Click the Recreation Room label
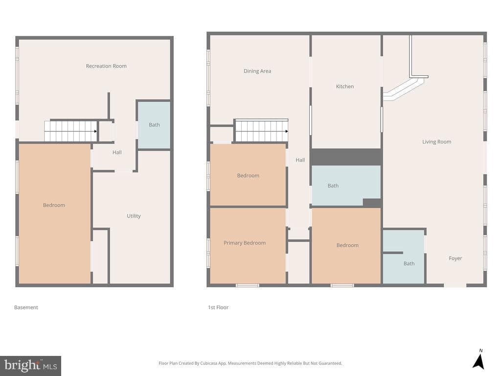click(106, 66)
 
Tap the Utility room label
click(134, 216)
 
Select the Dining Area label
click(257, 71)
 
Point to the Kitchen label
click(345, 86)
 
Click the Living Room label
click(437, 141)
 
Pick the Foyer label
click(455, 258)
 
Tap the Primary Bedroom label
click(245, 243)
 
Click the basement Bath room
click(154, 125)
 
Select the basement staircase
click(70, 131)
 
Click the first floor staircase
click(262, 131)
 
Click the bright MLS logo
click(30, 366)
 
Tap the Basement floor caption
click(26, 307)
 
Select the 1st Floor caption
click(218, 307)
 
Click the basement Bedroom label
click(54, 205)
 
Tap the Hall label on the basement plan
click(117, 152)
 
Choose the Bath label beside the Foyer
click(409, 263)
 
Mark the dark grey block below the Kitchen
click(346, 157)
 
